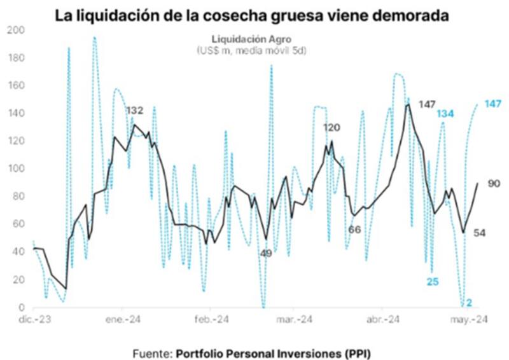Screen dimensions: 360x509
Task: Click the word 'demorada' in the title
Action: [x=403, y=14]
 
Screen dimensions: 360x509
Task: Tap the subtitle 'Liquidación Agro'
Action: [x=251, y=38]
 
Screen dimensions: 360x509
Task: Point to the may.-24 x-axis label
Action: [x=470, y=320]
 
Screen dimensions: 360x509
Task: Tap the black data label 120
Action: [x=331, y=128]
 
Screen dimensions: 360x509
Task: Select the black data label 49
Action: [x=267, y=253]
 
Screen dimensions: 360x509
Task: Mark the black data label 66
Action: [x=354, y=229]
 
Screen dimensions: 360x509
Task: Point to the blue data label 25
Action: [x=433, y=281]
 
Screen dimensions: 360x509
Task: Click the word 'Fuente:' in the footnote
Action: [x=153, y=352]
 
